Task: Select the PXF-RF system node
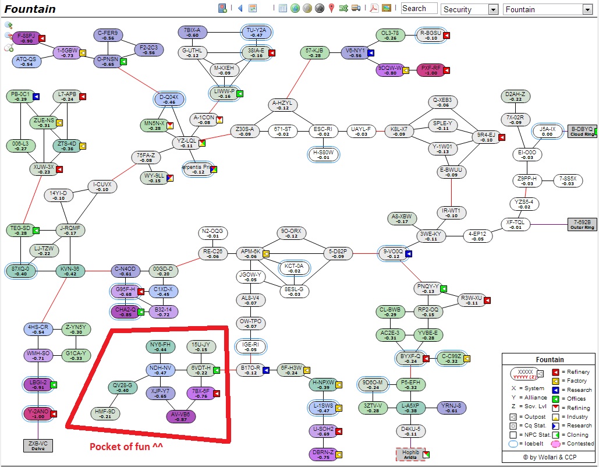click(431, 70)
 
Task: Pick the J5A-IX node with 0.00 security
click(548, 131)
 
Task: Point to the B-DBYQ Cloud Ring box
click(582, 131)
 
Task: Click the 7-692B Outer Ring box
click(582, 224)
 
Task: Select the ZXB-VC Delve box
click(38, 445)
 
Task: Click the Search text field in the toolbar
click(419, 9)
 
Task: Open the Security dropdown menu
click(470, 9)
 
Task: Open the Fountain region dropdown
click(547, 9)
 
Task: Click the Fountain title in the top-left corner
click(30, 9)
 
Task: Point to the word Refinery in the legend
click(579, 372)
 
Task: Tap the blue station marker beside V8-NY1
click(370, 52)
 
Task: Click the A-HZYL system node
click(283, 105)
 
